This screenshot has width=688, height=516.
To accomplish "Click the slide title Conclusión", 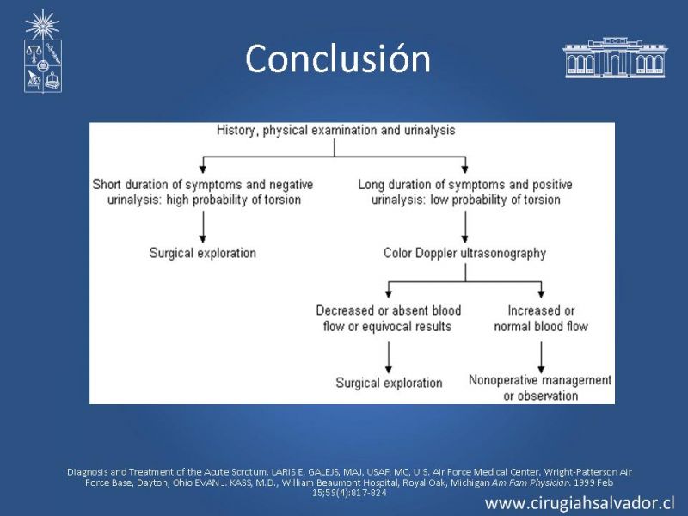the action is (x=338, y=58).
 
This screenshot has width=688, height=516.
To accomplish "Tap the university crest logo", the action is (x=42, y=52).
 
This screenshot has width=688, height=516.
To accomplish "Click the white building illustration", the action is (x=615, y=58).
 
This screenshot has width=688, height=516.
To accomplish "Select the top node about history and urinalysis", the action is (x=335, y=131).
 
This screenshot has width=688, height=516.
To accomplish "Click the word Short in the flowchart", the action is (x=106, y=184).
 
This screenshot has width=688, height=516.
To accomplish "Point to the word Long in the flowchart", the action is (x=372, y=184).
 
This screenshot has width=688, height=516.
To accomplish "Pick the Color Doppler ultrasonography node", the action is (x=464, y=253).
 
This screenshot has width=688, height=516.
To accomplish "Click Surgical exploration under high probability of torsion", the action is (x=203, y=253).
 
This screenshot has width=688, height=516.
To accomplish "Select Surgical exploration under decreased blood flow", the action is (x=389, y=383).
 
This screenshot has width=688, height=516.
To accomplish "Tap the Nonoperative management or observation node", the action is (x=540, y=388).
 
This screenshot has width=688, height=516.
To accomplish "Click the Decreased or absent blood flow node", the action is (x=389, y=318).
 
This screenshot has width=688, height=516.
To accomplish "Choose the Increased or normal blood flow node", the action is (x=541, y=318).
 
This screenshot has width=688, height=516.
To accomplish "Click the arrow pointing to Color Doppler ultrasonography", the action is (x=465, y=226).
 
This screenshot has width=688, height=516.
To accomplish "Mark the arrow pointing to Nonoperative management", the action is (x=541, y=357).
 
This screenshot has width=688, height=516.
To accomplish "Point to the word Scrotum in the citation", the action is (x=249, y=472).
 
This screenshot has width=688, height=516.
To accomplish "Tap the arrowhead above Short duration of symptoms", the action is (x=203, y=169).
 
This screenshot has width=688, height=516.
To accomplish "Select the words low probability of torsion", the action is (x=495, y=200).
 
